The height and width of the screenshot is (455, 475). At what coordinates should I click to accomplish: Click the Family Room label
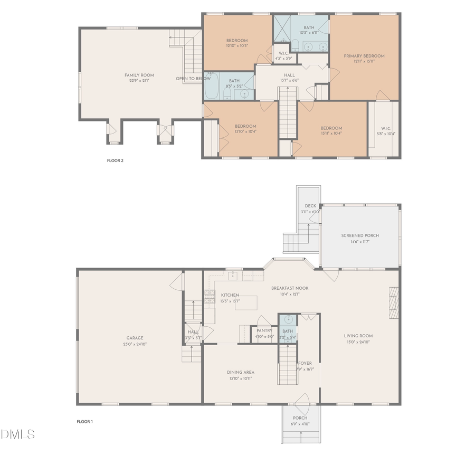coord(139,75)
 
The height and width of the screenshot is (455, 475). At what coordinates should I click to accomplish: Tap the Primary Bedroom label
coord(364,56)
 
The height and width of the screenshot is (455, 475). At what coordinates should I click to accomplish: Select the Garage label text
coord(135,338)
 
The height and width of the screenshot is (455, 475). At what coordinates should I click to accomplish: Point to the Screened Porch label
coord(360,235)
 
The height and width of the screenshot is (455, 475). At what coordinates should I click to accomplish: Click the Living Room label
coord(358,336)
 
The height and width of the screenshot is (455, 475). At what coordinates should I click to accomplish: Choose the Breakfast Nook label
coord(290,288)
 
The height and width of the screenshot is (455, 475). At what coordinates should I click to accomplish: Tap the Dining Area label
coord(241,372)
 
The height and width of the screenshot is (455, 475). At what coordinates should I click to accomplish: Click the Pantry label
coord(264,330)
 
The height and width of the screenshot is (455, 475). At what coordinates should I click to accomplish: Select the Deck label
coord(310,206)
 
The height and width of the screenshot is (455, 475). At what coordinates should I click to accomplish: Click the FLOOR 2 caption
coord(115,160)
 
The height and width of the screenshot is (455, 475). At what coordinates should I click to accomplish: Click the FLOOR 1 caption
coord(84,421)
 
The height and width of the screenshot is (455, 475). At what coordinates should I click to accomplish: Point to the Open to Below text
coord(193,79)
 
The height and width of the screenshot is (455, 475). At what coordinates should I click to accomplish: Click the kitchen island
coord(245,302)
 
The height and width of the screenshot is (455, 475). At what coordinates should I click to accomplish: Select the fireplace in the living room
coord(393,302)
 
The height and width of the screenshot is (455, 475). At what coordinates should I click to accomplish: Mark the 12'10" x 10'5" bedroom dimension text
coord(237,46)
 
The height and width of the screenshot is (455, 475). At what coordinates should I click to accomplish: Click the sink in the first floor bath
coord(288,320)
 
